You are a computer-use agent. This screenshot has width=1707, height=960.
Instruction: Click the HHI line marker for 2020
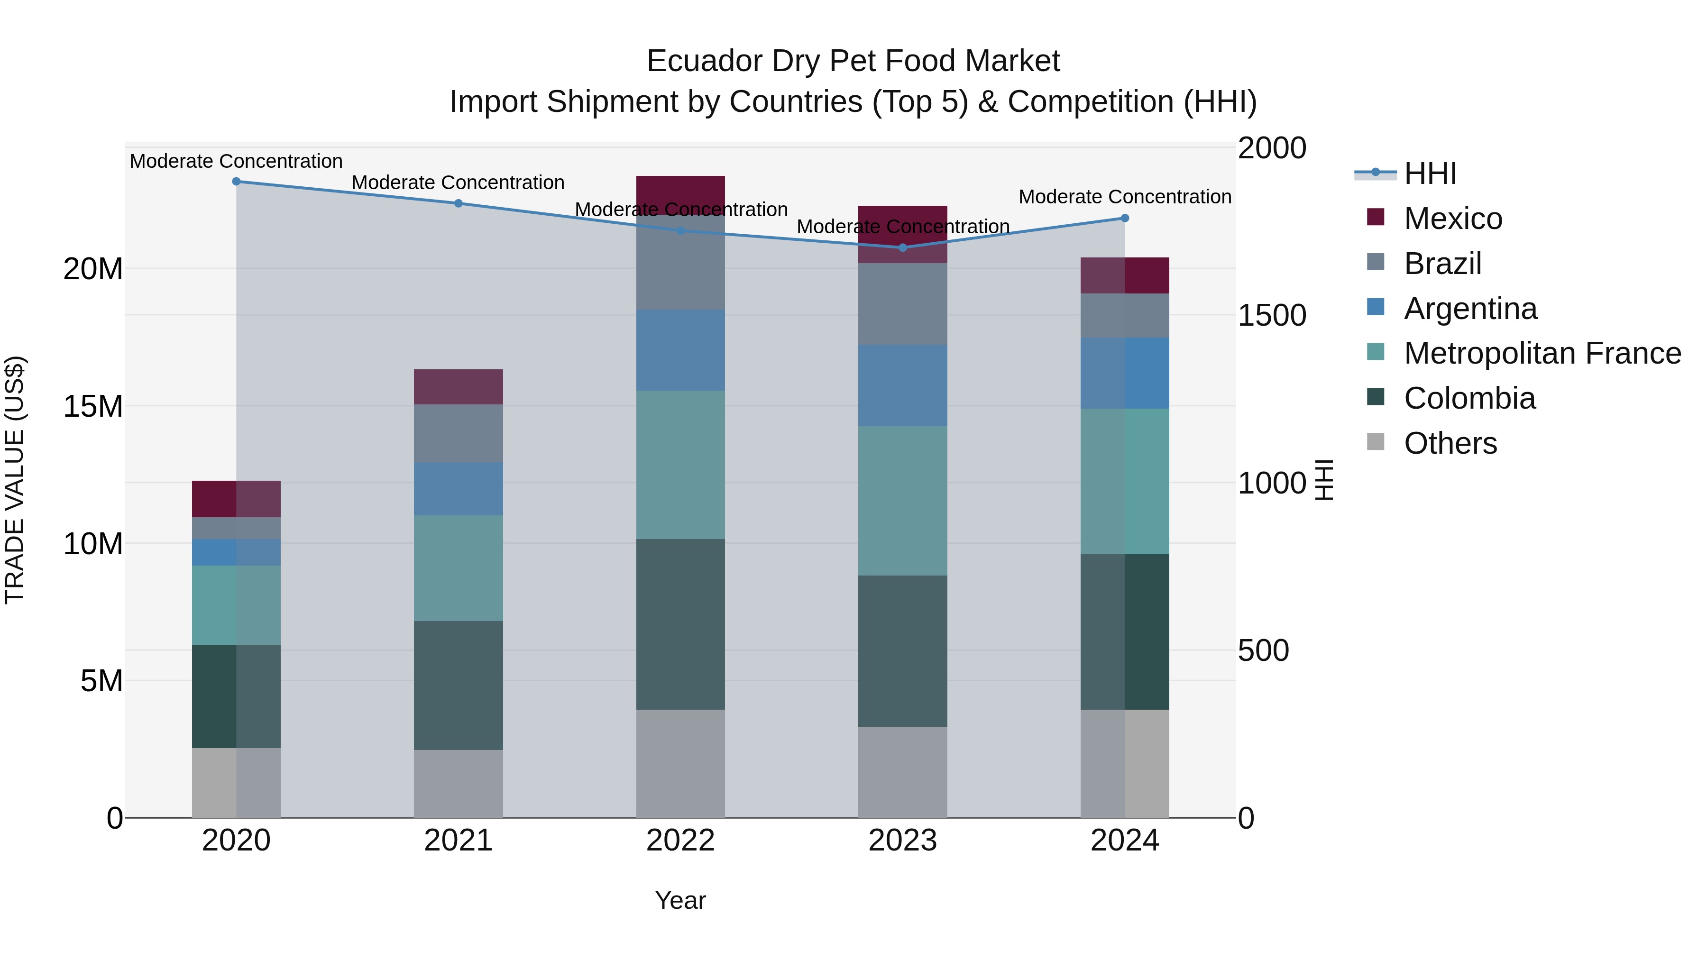point(236,182)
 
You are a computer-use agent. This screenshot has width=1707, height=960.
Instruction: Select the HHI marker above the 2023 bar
point(902,248)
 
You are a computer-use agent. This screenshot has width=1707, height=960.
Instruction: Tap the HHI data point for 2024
point(1125,218)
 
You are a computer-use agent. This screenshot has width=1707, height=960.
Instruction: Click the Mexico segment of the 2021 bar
point(458,387)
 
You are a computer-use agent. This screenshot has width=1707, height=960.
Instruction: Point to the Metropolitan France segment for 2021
point(458,568)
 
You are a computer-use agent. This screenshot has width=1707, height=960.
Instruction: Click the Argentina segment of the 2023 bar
point(902,385)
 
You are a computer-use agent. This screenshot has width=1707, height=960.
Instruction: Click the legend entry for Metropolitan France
point(1542,353)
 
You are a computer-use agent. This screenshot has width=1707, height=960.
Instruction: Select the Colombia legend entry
point(1469,398)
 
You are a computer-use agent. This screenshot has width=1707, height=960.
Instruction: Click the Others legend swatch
point(1376,442)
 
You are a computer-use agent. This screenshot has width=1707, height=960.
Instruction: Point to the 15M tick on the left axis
point(93,406)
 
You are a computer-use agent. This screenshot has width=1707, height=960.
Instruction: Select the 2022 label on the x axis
point(680,841)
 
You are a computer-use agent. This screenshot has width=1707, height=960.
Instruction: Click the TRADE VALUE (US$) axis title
point(15,480)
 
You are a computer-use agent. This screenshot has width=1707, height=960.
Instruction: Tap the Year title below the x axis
point(680,900)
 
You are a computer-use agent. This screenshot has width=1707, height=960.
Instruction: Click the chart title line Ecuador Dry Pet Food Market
point(853,61)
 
